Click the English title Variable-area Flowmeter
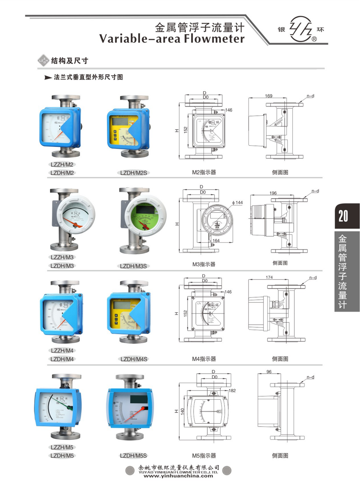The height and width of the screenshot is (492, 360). (x=172, y=39)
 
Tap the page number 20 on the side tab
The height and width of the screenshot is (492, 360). (x=343, y=216)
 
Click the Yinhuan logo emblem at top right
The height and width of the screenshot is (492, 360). (x=301, y=29)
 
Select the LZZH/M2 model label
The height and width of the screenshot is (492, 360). (x=62, y=165)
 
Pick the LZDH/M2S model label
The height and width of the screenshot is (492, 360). (x=134, y=173)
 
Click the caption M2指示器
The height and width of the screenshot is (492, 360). (x=204, y=173)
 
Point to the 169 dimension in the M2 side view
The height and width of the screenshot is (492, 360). (x=269, y=96)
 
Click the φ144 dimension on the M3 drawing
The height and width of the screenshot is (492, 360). (x=237, y=203)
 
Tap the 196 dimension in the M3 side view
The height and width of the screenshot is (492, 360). (x=273, y=193)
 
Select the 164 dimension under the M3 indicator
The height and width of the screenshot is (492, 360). (x=216, y=241)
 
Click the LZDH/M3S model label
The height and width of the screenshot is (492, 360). (x=133, y=266)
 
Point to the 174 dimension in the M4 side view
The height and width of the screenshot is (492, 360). (x=269, y=277)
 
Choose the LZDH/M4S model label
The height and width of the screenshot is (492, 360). (x=134, y=359)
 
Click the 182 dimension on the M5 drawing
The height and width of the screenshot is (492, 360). (x=232, y=390)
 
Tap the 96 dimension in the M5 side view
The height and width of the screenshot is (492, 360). (x=269, y=372)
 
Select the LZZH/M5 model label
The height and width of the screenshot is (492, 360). (x=62, y=447)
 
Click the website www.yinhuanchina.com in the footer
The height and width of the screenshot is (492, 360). (x=178, y=476)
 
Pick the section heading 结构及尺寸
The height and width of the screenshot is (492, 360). (x=69, y=61)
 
